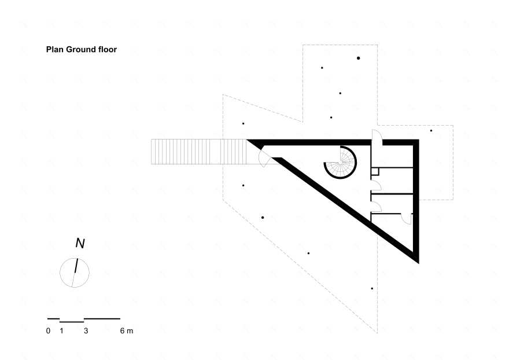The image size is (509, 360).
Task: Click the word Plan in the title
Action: [x=54, y=50]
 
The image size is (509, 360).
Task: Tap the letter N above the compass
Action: [x=80, y=244]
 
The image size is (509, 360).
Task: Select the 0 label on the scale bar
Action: [x=48, y=331]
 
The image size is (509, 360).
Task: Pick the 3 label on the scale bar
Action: [x=86, y=331]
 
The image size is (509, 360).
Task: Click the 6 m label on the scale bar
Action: [x=126, y=331]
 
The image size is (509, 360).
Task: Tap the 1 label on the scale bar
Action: [x=61, y=331]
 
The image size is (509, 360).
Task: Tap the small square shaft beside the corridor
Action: [x=375, y=171]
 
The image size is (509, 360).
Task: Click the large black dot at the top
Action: [x=359, y=58]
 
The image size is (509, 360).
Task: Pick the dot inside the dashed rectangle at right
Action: [x=431, y=131]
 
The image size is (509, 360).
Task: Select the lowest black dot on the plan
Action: [x=372, y=288]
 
